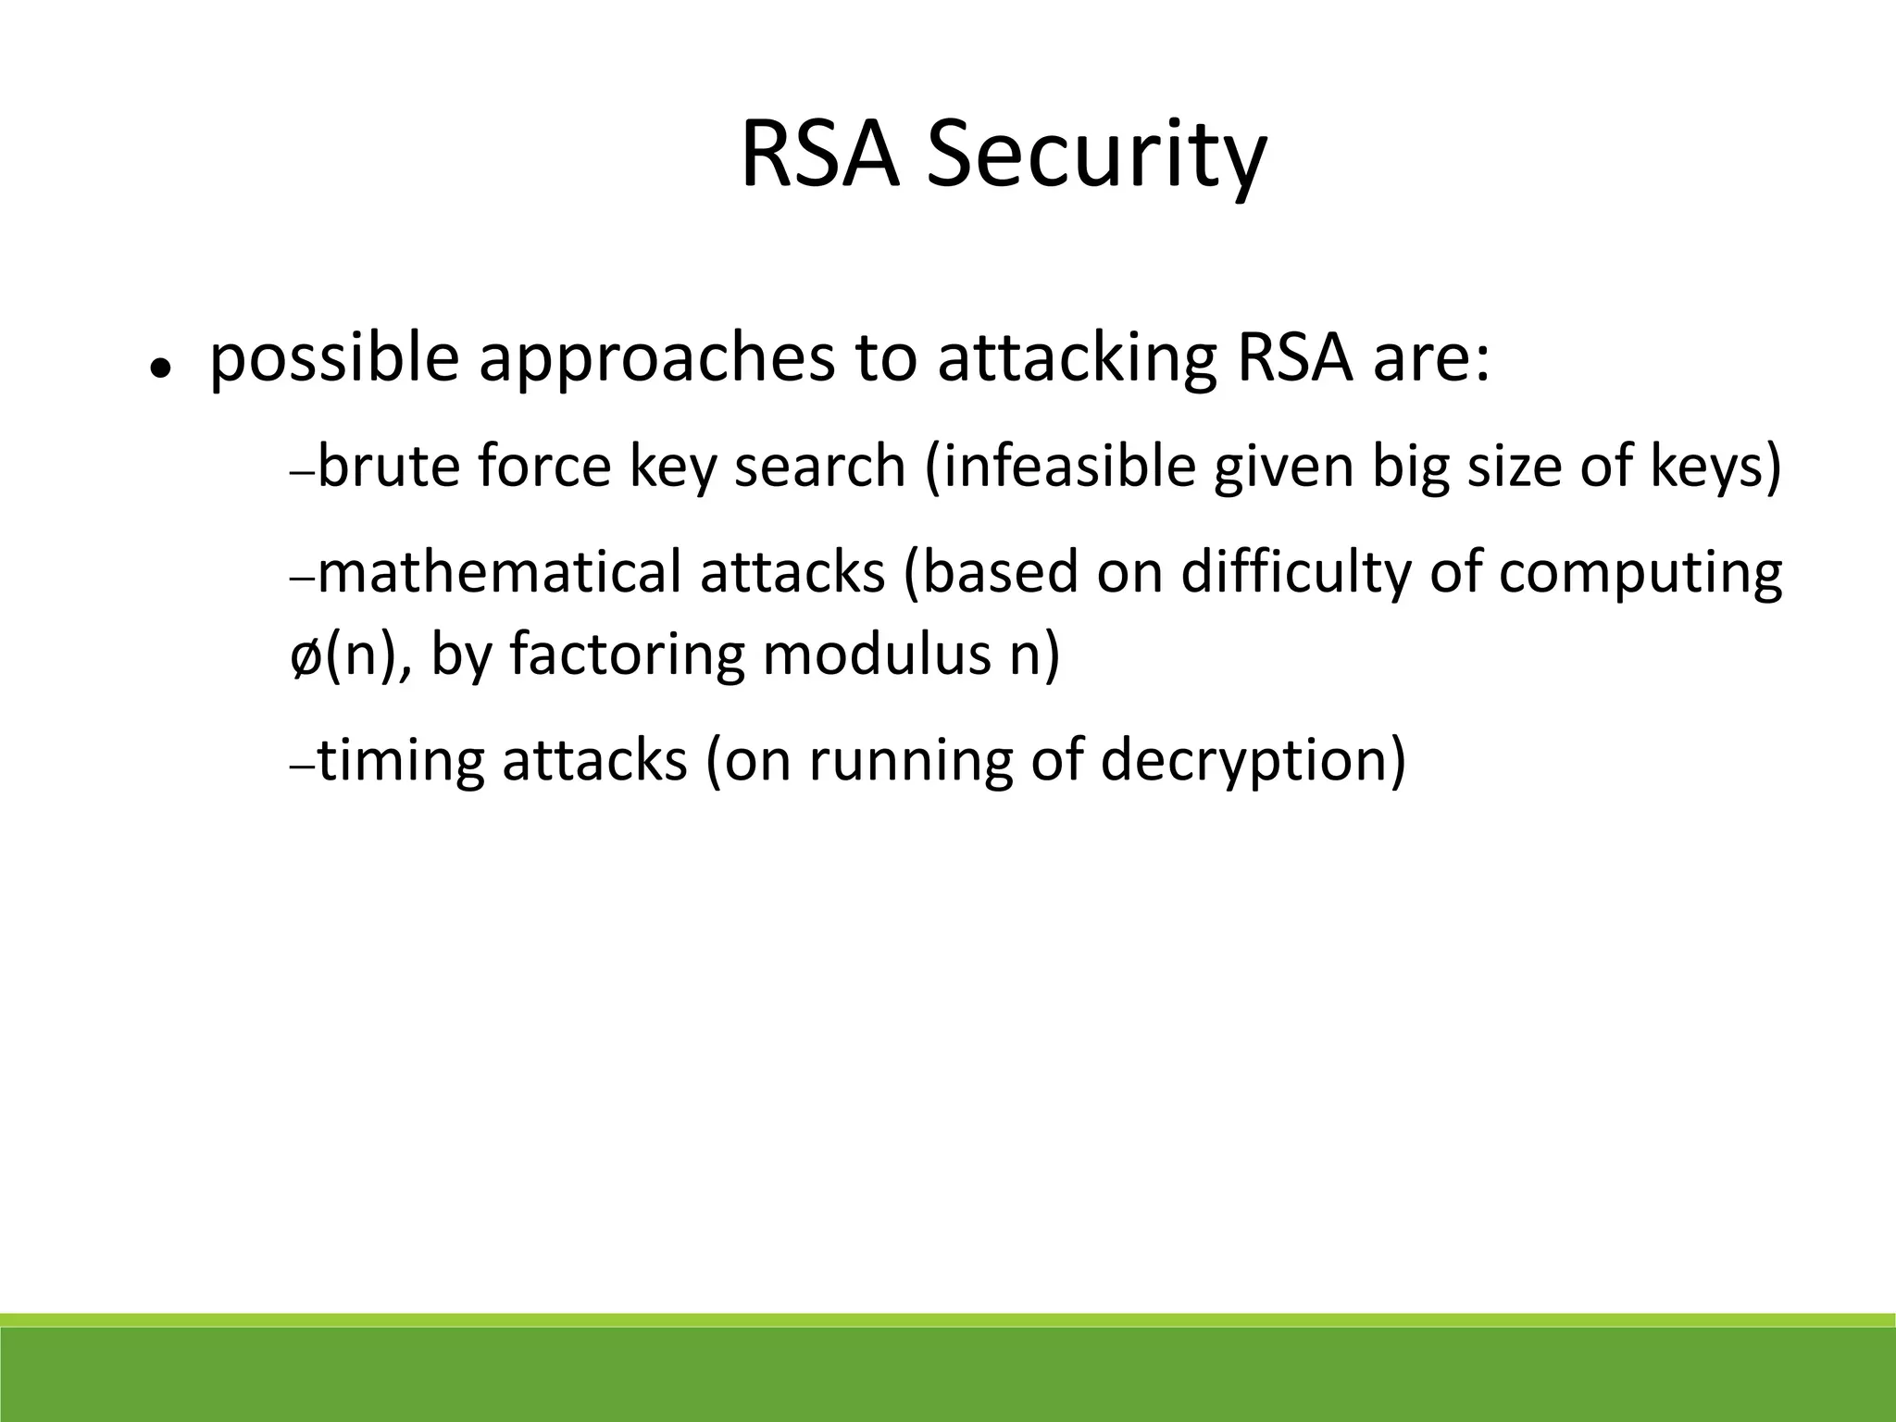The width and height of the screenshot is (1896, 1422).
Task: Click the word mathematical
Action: pos(500,571)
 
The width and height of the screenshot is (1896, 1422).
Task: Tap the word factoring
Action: pos(627,655)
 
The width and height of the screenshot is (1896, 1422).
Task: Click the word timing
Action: pos(401,761)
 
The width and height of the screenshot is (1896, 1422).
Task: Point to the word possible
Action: pos(334,361)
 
